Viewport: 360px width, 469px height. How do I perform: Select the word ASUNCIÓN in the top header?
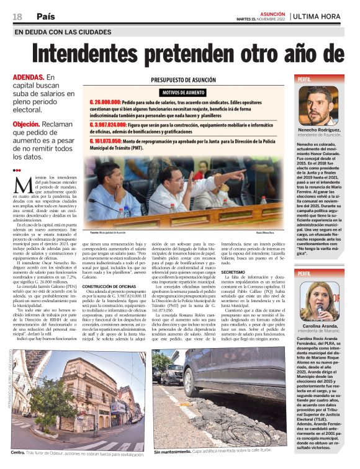272,12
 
